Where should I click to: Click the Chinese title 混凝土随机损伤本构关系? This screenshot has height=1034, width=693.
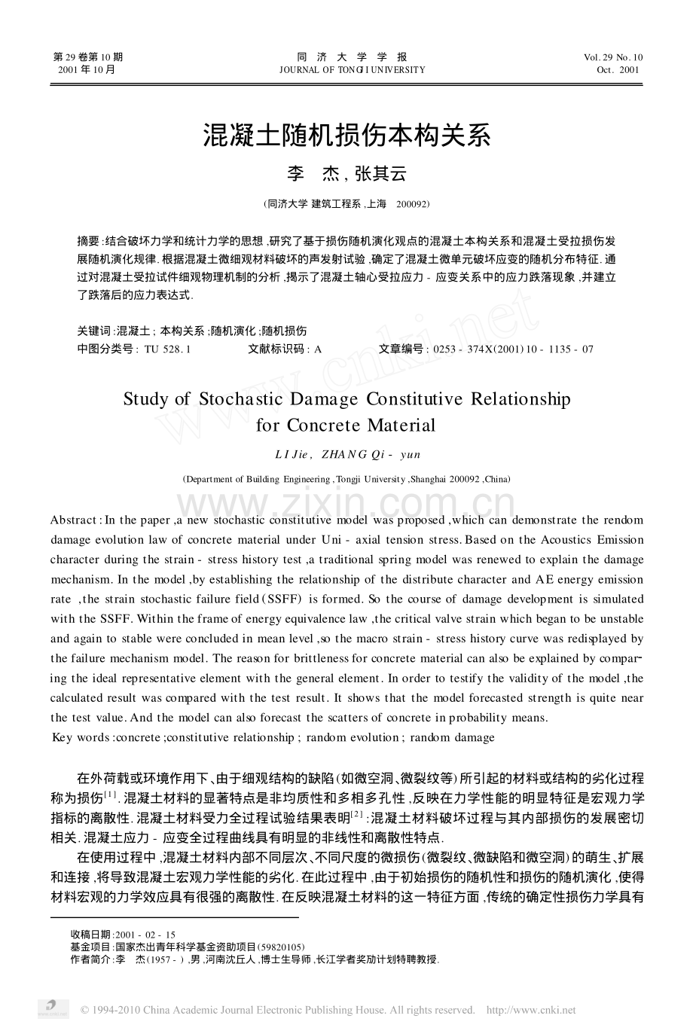[x=346, y=136]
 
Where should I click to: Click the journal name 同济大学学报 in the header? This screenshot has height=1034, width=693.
[x=352, y=57]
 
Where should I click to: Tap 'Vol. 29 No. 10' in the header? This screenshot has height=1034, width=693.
[x=613, y=57]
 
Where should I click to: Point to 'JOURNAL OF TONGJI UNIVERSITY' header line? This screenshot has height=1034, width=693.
[x=352, y=70]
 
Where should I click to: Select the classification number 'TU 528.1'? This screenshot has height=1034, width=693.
[x=166, y=349]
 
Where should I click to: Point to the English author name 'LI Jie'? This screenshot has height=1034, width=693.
[x=290, y=455]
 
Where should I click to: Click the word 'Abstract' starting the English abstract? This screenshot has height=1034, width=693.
[x=73, y=520]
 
